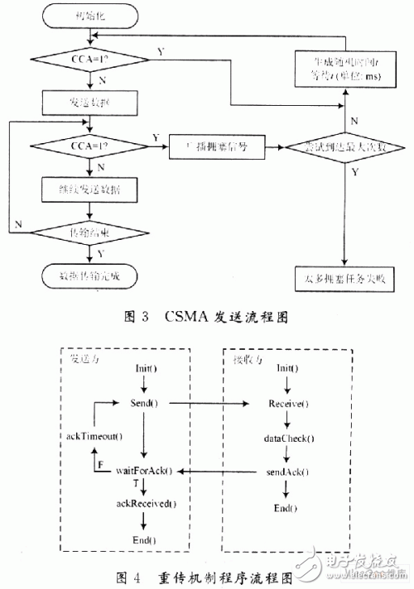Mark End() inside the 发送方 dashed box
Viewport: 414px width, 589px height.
click(144, 539)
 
